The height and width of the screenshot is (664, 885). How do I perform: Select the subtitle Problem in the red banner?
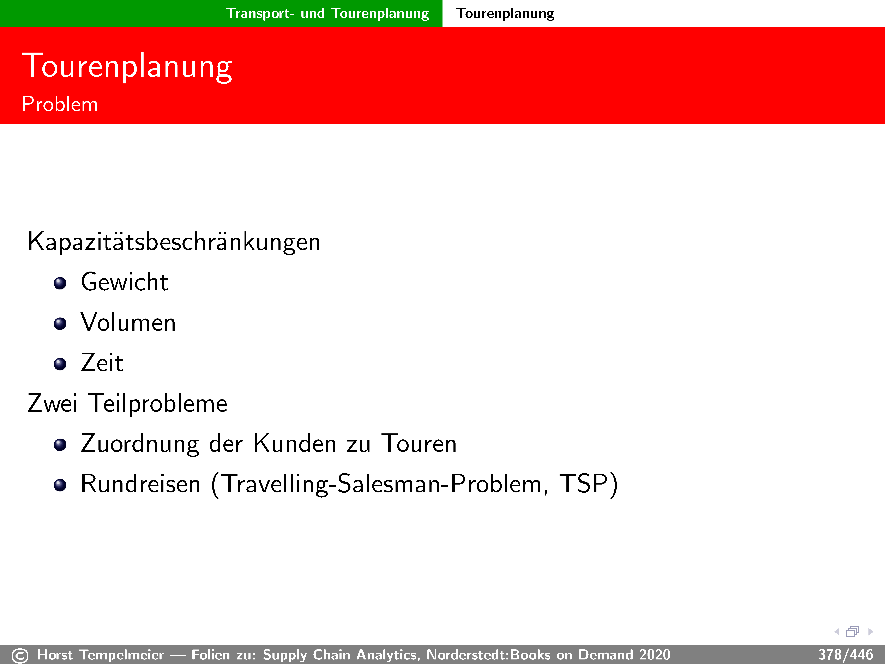[x=60, y=104]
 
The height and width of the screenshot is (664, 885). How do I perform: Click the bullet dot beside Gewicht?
[x=60, y=283]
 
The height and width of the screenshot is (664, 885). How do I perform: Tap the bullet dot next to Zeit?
[x=60, y=364]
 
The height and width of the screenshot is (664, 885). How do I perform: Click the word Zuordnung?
[x=140, y=444]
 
